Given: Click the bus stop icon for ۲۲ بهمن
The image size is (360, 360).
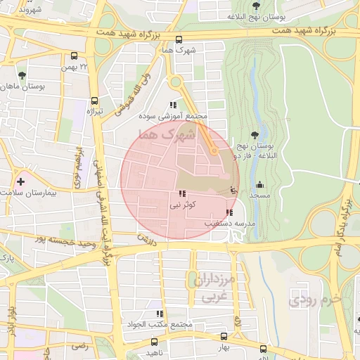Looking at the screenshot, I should pos(75,56).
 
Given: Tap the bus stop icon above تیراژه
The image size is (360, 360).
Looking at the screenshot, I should pos(95,100).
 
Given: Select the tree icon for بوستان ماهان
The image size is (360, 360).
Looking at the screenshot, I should pos(22,74).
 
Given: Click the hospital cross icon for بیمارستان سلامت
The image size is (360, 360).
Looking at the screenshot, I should pos(20,181).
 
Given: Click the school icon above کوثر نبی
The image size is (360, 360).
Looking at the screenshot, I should pos(182,193).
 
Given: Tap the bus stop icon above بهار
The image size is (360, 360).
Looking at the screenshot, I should pos(224,337).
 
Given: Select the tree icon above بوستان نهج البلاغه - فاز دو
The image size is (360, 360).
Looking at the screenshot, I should pos(254,136).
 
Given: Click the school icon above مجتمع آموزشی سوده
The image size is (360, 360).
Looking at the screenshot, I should pos(173,105).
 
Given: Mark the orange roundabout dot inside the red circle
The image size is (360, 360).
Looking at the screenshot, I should pos(214,150).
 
